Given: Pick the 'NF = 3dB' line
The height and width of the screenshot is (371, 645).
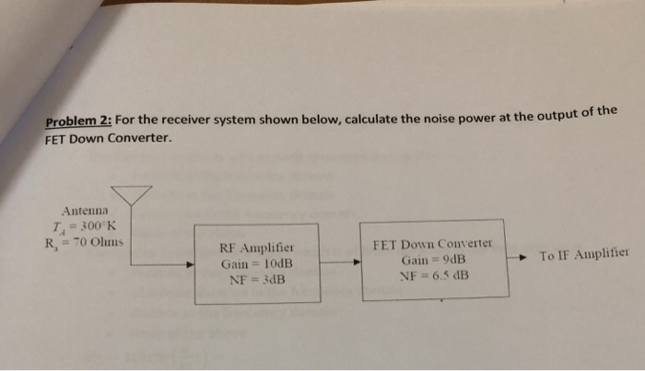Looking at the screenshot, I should tap(256, 278).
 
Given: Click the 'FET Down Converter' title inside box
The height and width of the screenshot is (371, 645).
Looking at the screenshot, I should tap(432, 245).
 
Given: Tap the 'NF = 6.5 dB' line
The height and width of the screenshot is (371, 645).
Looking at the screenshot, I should tap(432, 274).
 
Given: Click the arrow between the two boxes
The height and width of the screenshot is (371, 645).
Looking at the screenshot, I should tap(344, 262).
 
